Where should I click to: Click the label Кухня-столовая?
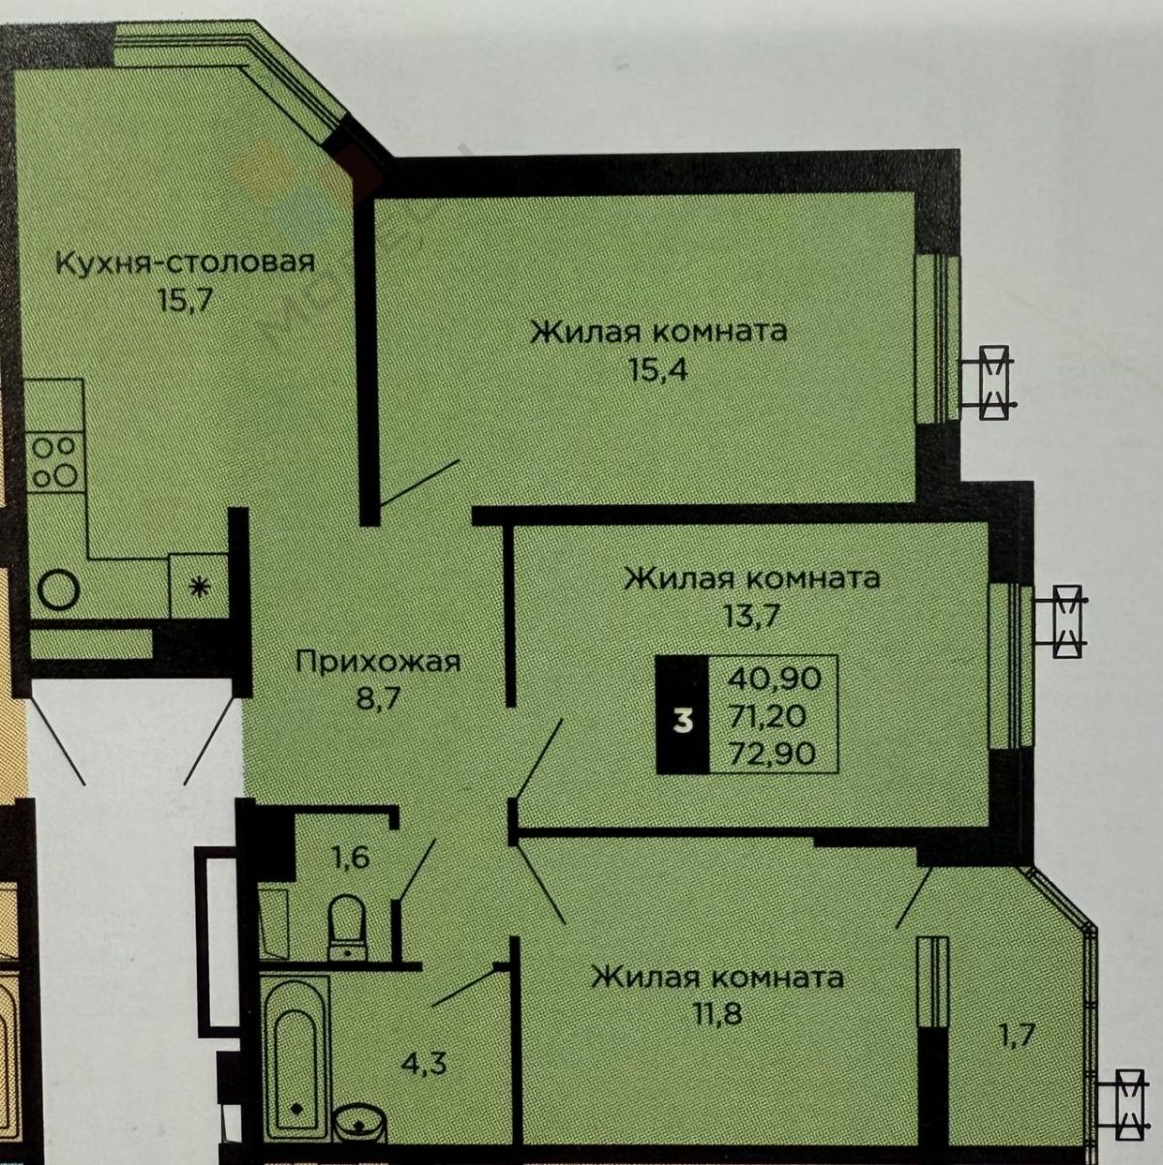pos(185,265)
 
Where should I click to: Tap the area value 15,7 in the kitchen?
pos(184,299)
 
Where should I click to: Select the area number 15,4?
pos(659,368)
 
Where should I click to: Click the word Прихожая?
pos(379,663)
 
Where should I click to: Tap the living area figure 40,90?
pos(774,678)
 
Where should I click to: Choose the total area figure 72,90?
pos(773,754)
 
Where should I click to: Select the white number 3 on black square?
pos(683,722)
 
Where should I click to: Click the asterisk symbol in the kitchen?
pos(199,586)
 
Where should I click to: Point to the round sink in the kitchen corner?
pos(58,589)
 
